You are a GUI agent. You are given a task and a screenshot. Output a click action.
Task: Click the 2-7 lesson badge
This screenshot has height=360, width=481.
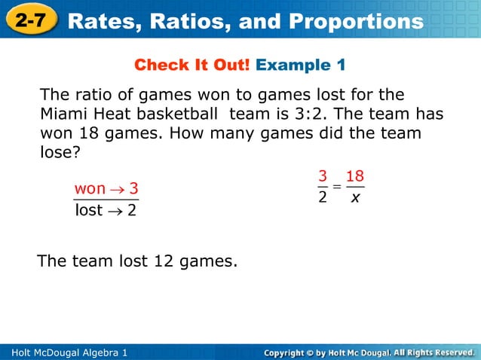click(29, 20)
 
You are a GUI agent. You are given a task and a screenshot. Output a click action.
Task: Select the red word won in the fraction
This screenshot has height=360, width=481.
click(90, 188)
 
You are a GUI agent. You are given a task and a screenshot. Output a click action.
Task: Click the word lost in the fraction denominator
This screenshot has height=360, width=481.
click(89, 210)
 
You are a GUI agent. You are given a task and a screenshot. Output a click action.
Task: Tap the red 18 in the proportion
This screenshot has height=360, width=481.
click(354, 176)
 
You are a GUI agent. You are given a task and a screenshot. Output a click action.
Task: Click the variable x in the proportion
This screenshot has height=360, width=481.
click(354, 198)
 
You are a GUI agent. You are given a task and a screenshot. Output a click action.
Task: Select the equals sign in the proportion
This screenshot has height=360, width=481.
click(336, 188)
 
